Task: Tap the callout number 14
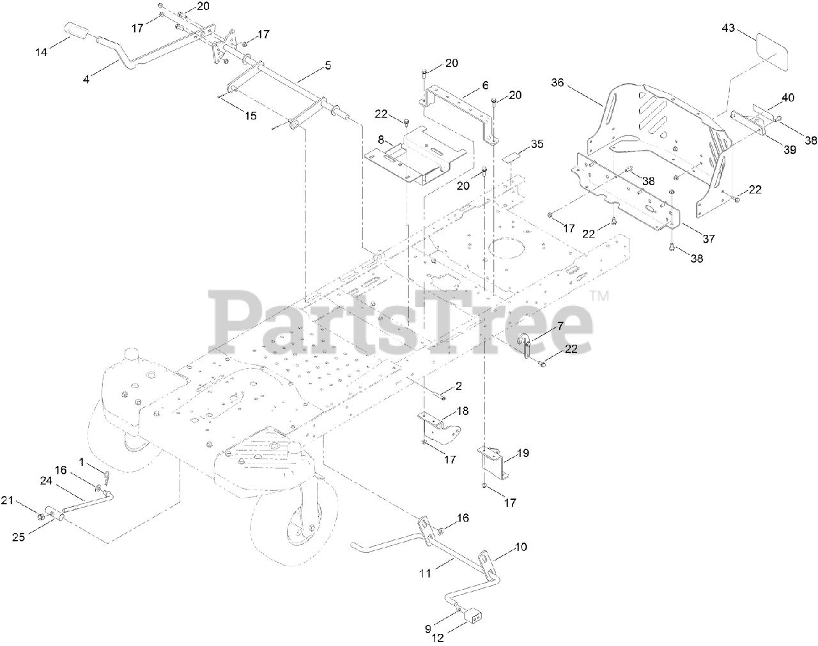(41, 52)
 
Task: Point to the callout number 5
(328, 66)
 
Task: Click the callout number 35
(537, 144)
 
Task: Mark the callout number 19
(523, 453)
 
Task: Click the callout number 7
(560, 326)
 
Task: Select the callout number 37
(709, 239)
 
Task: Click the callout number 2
(458, 386)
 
